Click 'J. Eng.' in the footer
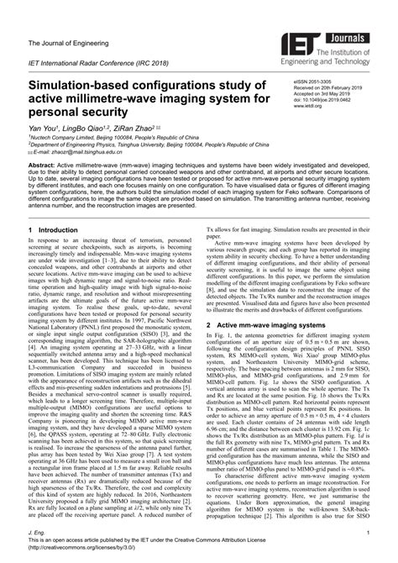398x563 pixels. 36,538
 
